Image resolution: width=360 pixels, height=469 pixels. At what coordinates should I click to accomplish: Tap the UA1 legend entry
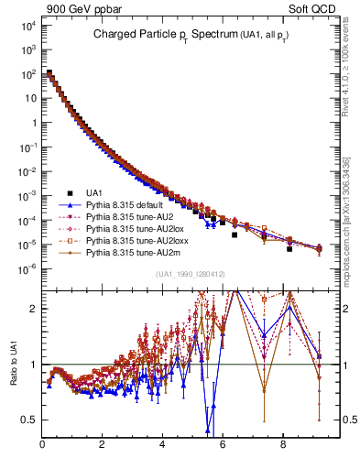(94, 192)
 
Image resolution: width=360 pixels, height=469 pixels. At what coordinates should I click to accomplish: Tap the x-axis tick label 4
(162, 446)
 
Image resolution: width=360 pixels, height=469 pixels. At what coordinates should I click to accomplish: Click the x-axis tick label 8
(282, 446)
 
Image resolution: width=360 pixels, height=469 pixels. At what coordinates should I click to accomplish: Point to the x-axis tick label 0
(42, 446)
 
